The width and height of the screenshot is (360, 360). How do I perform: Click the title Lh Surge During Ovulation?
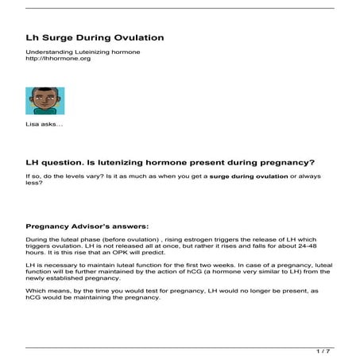click(95, 37)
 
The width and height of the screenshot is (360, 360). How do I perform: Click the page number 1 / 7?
click(323, 350)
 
